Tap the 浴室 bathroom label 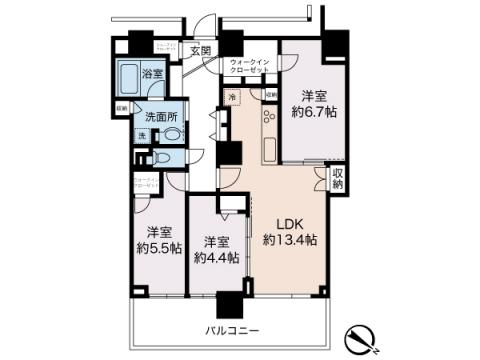[153, 74]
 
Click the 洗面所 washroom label [161, 116]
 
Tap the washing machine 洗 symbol [142, 135]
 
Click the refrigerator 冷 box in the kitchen [232, 97]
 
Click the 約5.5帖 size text [157, 245]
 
